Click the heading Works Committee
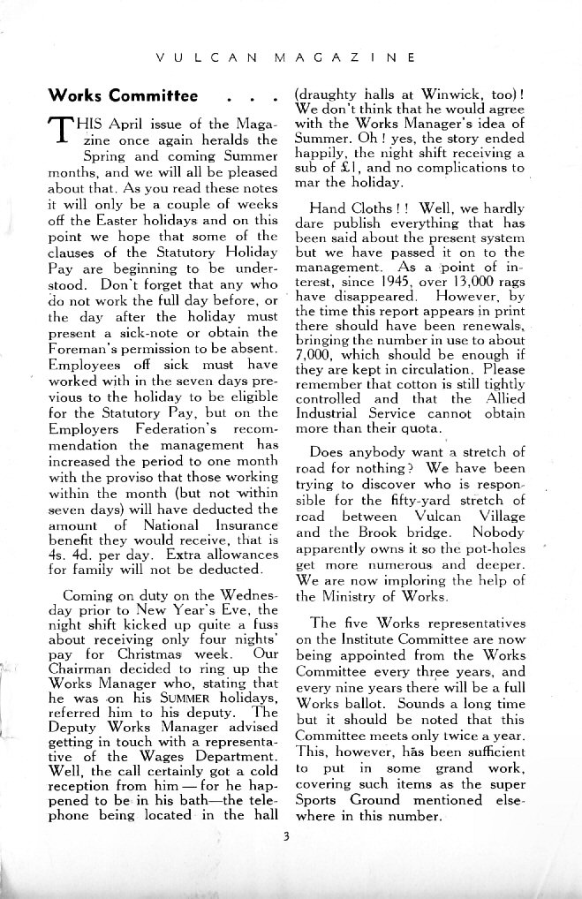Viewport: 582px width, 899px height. (x=124, y=94)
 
